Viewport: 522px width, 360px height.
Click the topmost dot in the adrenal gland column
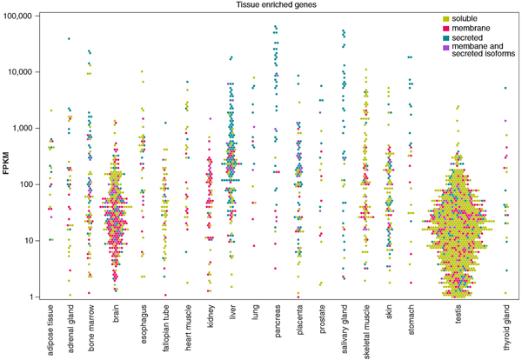[x=69, y=38]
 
